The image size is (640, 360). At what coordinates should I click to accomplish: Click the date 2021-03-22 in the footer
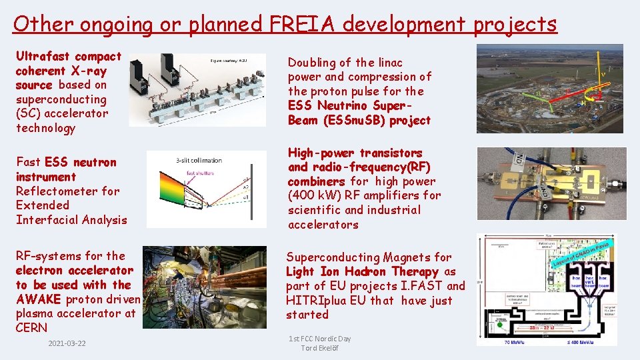[x=68, y=343]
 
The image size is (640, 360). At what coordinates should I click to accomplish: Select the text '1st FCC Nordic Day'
[x=320, y=339]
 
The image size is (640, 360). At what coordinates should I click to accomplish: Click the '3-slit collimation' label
[x=199, y=160]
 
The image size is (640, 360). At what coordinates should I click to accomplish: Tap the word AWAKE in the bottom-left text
[x=38, y=299]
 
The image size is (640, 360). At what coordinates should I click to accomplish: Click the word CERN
[x=31, y=327]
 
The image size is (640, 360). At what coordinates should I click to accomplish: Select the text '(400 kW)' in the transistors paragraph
[x=312, y=195]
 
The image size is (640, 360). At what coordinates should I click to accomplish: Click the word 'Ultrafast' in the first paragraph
[x=43, y=56]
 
